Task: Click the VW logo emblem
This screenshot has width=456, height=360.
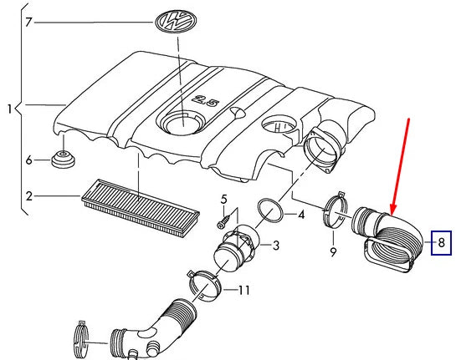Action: [176, 22]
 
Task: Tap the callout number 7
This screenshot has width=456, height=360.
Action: [28, 22]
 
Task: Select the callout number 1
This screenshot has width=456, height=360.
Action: [9, 109]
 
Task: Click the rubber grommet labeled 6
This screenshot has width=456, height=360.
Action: [63, 159]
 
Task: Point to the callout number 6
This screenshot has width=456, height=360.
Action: [28, 160]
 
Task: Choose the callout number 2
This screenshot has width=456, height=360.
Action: [28, 196]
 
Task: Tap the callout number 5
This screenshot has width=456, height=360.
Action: [223, 200]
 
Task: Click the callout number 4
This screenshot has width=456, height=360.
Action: [301, 215]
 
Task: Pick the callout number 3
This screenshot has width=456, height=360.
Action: [276, 246]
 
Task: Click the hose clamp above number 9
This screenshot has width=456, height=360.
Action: [336, 212]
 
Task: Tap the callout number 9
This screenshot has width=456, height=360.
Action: [333, 252]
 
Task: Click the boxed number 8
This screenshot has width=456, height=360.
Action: [441, 243]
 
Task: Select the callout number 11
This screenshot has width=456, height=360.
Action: [243, 290]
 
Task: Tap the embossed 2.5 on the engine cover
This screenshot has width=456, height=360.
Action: [206, 100]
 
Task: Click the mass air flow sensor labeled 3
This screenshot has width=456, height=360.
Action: [236, 246]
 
